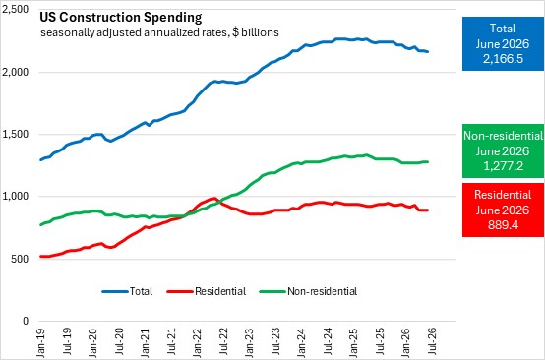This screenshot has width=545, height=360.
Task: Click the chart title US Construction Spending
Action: point(120,18)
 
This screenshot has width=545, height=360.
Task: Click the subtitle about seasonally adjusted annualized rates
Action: point(159,32)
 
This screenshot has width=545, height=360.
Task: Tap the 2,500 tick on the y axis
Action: point(15,10)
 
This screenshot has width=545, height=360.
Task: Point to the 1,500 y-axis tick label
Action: point(15,135)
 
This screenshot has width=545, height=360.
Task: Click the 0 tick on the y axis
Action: point(26,321)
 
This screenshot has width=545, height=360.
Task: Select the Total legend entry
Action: point(127,291)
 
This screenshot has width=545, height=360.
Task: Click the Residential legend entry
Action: point(207,291)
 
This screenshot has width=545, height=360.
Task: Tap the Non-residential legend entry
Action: point(309,291)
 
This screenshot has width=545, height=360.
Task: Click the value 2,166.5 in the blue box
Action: point(503,59)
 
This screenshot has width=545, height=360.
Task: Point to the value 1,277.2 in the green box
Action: point(503,166)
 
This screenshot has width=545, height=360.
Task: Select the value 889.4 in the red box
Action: point(503,225)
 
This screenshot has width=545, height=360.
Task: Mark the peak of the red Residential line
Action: point(214,198)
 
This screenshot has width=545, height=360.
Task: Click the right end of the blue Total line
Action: point(428,52)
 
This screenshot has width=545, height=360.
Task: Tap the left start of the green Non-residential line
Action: point(41,225)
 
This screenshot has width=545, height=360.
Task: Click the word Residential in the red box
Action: point(503,195)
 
